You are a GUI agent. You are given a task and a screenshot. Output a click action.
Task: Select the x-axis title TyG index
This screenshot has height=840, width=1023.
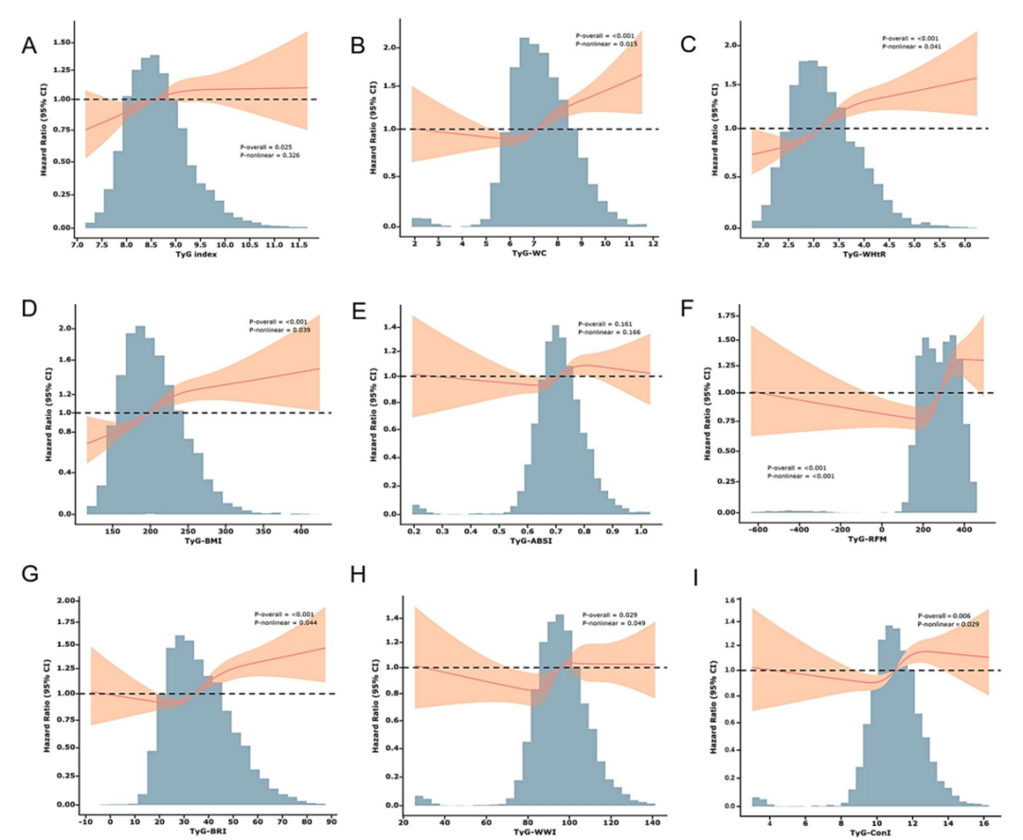click(190, 256)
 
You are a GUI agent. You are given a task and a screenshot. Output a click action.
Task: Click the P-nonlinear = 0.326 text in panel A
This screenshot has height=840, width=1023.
click(267, 157)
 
